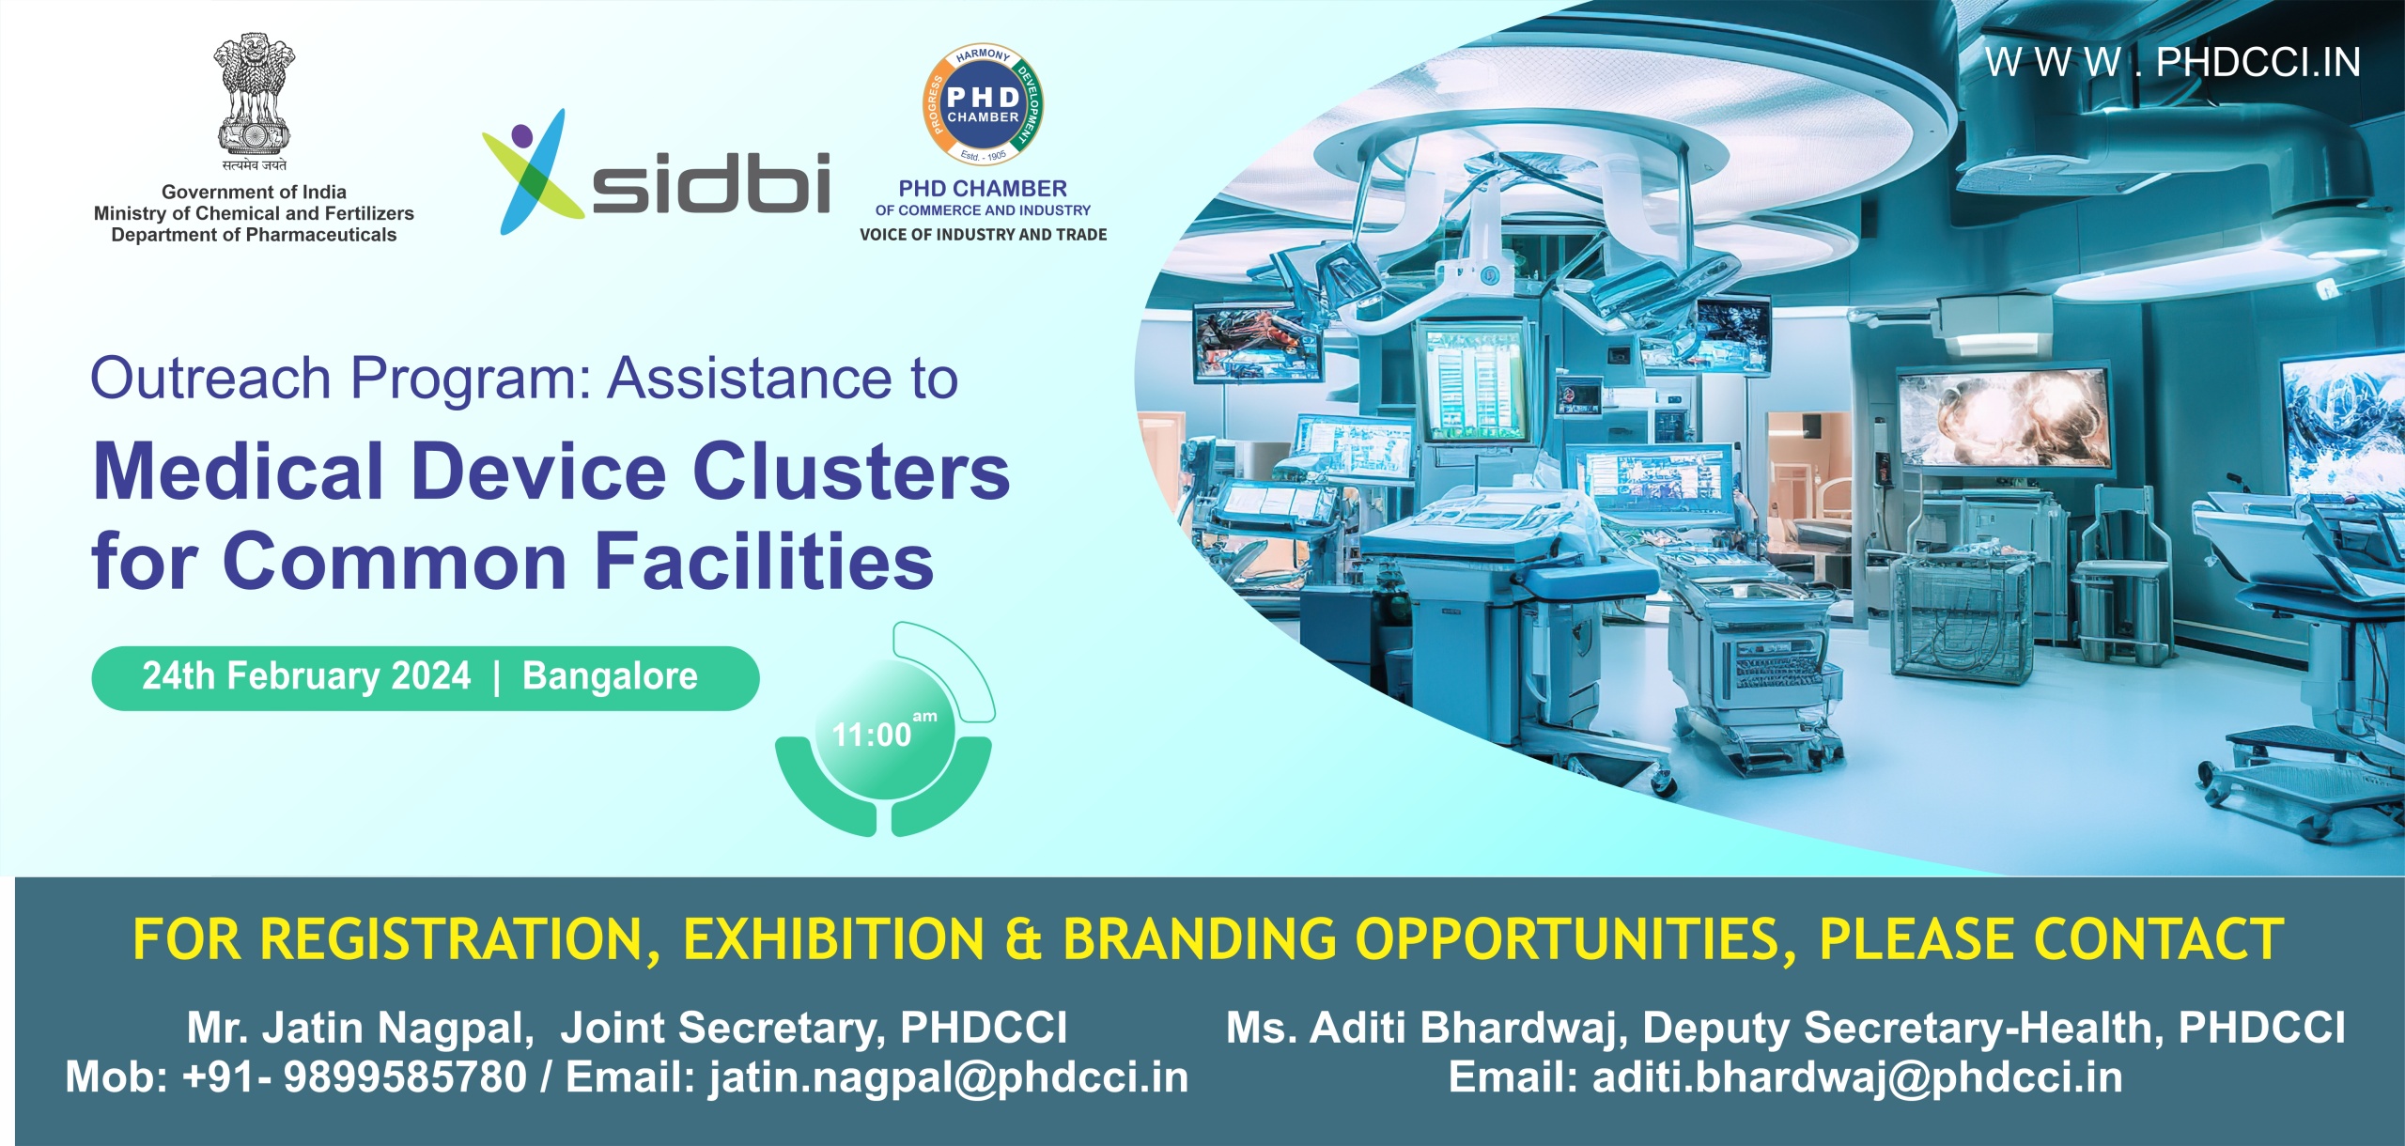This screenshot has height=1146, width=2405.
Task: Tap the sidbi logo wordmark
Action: point(710,182)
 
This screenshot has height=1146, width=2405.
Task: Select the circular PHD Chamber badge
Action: point(983,105)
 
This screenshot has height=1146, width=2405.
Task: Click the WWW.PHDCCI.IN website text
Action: point(2172,63)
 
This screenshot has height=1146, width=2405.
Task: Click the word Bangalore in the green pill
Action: point(610,676)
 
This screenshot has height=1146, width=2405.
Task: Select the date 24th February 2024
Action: point(306,676)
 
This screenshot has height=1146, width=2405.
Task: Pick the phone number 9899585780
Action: point(405,1077)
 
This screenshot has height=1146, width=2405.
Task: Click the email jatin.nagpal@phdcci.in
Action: point(949,1077)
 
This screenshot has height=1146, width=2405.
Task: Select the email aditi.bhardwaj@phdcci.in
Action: point(1857,1077)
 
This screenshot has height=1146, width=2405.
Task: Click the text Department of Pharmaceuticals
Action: point(254,235)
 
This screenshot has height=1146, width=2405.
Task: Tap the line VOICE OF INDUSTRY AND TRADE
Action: point(983,235)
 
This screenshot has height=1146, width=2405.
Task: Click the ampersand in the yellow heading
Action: point(1023,939)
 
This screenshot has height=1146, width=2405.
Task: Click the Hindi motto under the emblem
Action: point(254,165)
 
